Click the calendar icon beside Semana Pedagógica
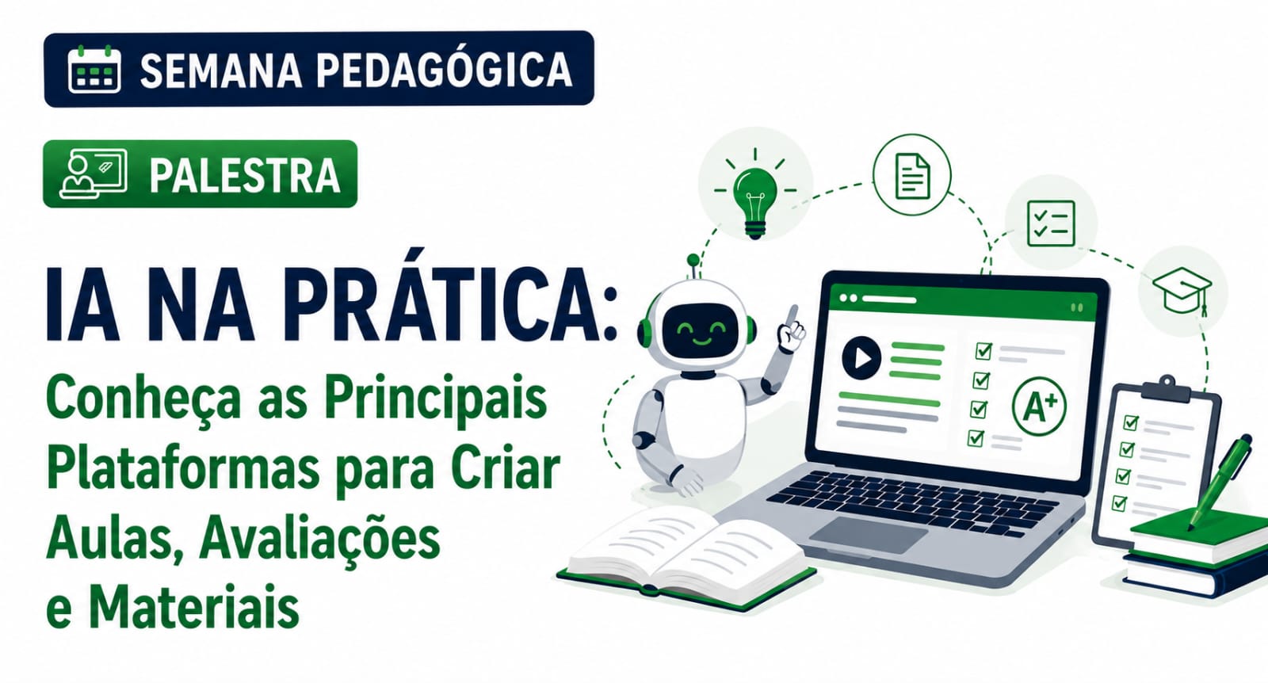click(x=94, y=69)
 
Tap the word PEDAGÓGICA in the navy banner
click(x=444, y=71)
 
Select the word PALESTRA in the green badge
click(x=245, y=175)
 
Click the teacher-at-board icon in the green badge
click(x=94, y=174)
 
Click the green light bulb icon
click(x=755, y=195)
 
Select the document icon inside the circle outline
click(x=912, y=176)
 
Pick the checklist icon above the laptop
click(x=1051, y=223)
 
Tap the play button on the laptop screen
click(x=861, y=357)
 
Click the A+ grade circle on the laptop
click(x=1039, y=406)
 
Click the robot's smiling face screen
click(x=701, y=332)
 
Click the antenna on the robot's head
click(x=693, y=267)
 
